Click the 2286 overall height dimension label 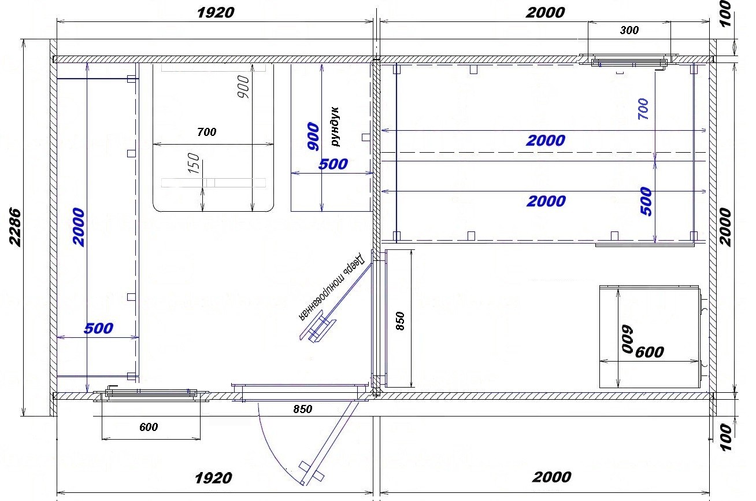15,227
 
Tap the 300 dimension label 629,31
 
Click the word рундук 335,127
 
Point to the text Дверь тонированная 332,286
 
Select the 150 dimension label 194,164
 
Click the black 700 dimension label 206,132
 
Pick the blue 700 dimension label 643,109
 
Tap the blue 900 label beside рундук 313,136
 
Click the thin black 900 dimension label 243,87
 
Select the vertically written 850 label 399,321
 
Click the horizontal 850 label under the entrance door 302,409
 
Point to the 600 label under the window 149,427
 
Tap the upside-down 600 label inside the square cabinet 628,339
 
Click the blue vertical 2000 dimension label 78,227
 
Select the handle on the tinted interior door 317,329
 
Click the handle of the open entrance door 311,471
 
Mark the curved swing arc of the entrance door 270,450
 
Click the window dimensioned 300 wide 629,62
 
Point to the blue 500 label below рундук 333,164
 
